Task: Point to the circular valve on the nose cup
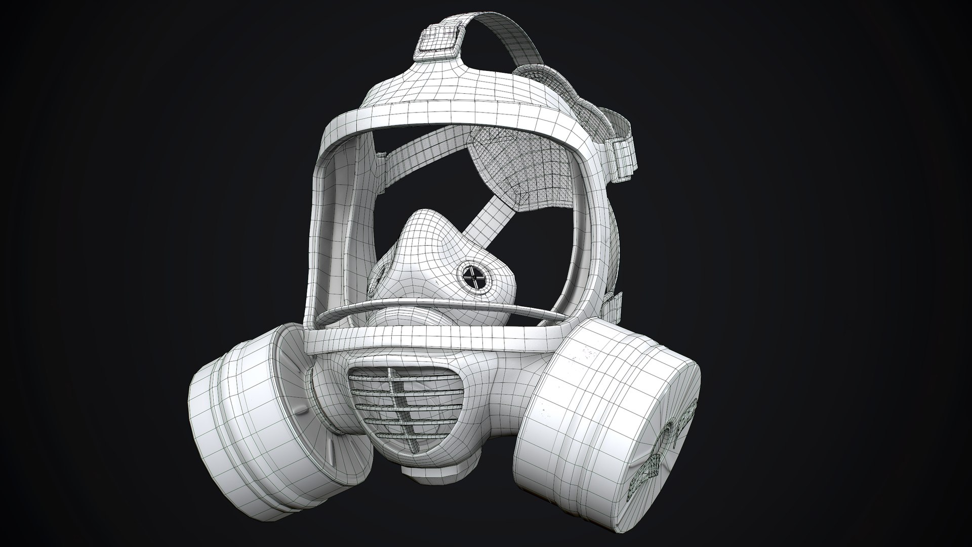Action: pos(476,278)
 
